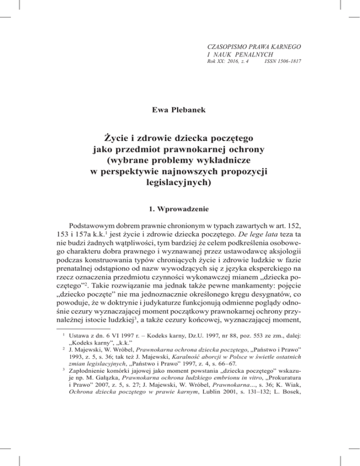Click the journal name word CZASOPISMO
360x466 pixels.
[x=228, y=47]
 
